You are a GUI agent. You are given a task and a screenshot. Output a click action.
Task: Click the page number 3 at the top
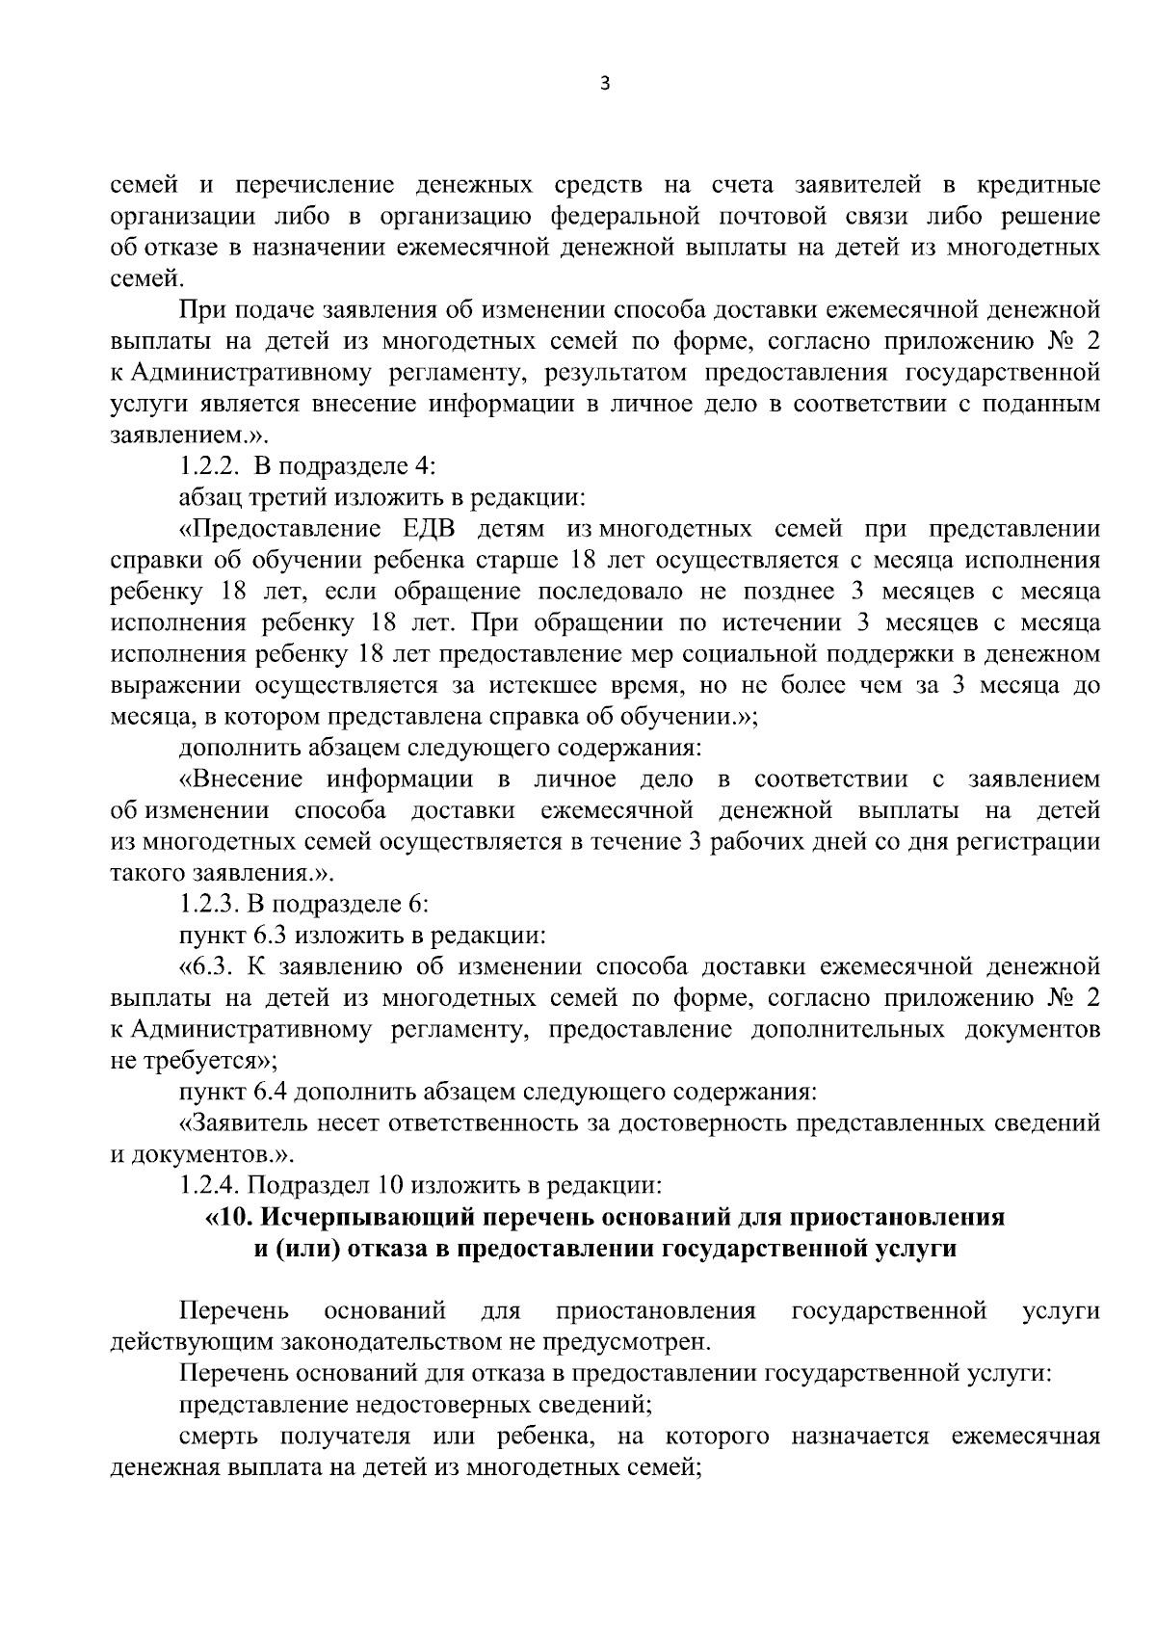(605, 84)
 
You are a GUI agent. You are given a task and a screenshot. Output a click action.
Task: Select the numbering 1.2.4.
(211, 1185)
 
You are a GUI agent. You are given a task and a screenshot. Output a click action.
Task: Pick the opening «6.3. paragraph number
(209, 966)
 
